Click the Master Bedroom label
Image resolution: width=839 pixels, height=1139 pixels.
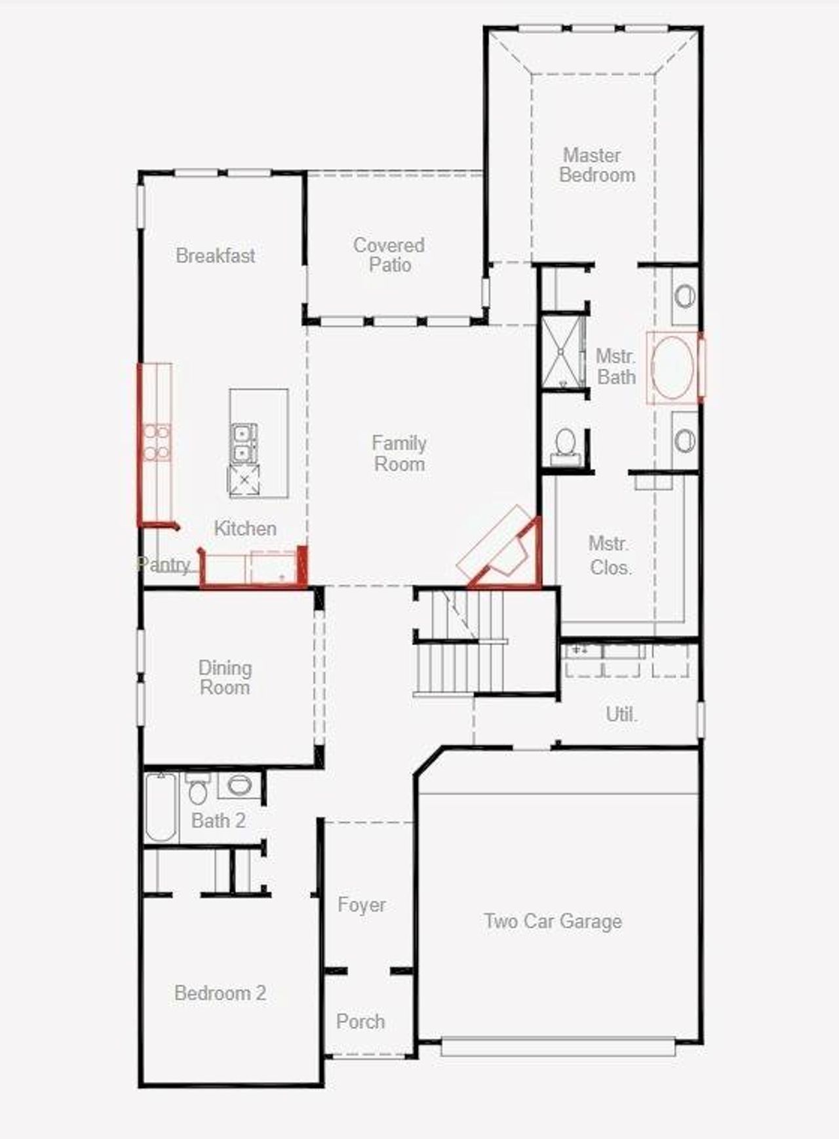tap(596, 165)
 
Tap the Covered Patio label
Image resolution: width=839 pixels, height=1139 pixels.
tap(389, 255)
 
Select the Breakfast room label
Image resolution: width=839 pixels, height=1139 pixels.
tap(216, 256)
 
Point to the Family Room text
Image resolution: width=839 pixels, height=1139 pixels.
tap(399, 454)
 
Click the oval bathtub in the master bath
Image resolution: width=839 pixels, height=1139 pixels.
tap(673, 368)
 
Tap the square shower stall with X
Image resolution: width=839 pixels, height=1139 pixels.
tap(562, 353)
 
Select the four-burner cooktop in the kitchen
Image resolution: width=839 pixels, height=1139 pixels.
tap(157, 442)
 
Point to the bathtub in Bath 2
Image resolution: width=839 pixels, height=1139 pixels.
tap(161, 807)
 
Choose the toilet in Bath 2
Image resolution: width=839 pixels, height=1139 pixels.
tap(197, 789)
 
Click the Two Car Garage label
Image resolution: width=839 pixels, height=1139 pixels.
tap(553, 921)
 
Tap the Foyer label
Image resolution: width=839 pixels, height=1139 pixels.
tap(361, 905)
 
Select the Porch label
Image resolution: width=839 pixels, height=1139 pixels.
tap(361, 1022)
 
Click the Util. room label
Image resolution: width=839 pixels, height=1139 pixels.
tap(621, 714)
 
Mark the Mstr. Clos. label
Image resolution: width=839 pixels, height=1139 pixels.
tap(610, 555)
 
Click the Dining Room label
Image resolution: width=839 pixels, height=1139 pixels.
tap(225, 678)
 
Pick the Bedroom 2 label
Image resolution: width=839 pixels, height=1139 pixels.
tap(220, 993)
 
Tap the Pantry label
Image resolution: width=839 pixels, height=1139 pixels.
tap(164, 565)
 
